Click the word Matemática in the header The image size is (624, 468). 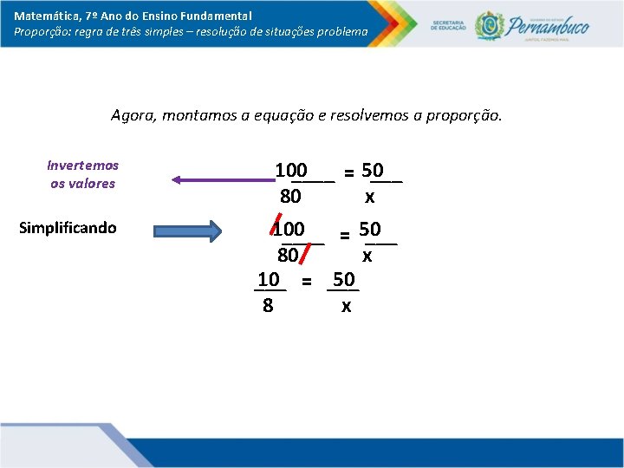pyautogui.click(x=44, y=16)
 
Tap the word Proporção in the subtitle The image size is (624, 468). pyautogui.click(x=42, y=31)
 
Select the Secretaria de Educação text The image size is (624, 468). pyautogui.click(x=450, y=24)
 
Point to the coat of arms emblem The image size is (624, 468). pyautogui.click(x=489, y=25)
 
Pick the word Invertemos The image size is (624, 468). pyautogui.click(x=83, y=165)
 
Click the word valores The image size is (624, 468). pyautogui.click(x=94, y=183)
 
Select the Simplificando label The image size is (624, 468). pyautogui.click(x=68, y=228)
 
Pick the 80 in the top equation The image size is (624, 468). pyautogui.click(x=290, y=197)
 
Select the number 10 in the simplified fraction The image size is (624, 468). pyautogui.click(x=269, y=279)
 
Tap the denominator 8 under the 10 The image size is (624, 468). pyautogui.click(x=268, y=305)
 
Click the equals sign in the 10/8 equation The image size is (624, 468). pyautogui.click(x=306, y=281)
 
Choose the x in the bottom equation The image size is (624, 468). pyautogui.click(x=346, y=306)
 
